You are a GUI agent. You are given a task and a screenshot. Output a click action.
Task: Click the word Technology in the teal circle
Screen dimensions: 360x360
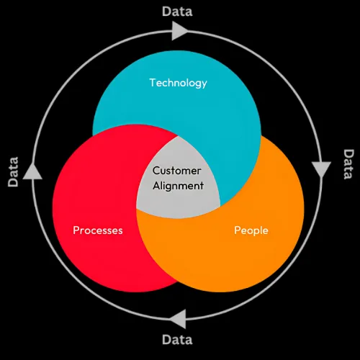tap(178, 84)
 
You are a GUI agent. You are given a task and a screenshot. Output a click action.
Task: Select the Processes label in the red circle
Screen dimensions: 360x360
tap(98, 230)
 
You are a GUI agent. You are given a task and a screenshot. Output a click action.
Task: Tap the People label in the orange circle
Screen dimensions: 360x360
tap(251, 230)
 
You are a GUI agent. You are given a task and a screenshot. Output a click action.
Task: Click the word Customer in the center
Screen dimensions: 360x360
tap(176, 171)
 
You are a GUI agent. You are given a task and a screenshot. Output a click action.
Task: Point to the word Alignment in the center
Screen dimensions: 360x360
tap(178, 186)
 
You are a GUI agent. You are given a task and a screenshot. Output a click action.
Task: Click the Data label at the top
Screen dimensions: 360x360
tap(177, 12)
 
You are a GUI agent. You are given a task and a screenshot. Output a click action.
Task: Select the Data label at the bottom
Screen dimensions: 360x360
tap(177, 340)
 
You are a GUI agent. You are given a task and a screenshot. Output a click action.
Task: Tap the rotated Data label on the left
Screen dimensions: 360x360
tap(13, 172)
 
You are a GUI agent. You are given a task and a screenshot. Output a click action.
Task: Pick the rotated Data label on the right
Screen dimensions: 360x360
tap(348, 164)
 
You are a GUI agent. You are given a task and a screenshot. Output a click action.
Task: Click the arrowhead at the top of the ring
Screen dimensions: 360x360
tap(179, 31)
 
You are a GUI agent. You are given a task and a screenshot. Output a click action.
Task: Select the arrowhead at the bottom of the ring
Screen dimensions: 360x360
tap(178, 319)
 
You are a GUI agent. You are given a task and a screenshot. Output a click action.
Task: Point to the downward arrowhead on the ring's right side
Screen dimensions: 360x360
tap(321, 169)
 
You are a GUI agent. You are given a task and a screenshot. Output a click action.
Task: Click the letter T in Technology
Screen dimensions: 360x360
tap(153, 83)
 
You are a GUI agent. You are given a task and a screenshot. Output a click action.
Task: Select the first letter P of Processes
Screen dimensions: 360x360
tap(76, 230)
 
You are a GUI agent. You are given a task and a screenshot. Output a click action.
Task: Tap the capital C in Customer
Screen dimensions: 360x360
tap(156, 171)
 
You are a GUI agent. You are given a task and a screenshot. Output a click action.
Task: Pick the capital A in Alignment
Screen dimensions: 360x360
tap(157, 186)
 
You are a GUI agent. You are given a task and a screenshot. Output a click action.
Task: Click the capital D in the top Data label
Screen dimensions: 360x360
tap(166, 12)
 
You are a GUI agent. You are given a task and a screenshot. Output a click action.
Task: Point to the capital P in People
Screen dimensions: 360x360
tap(238, 230)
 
